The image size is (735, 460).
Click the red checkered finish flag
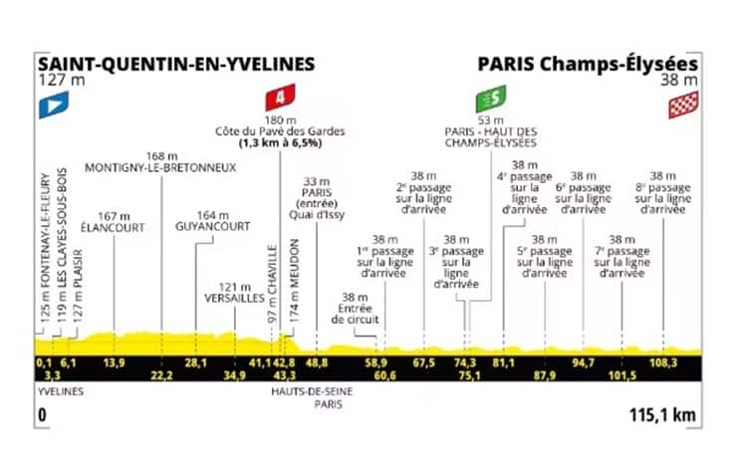683,104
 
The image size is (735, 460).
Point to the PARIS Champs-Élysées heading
588,64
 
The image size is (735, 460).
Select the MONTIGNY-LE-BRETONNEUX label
161,167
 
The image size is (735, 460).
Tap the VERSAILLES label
235,297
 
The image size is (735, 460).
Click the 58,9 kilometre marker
375,362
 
